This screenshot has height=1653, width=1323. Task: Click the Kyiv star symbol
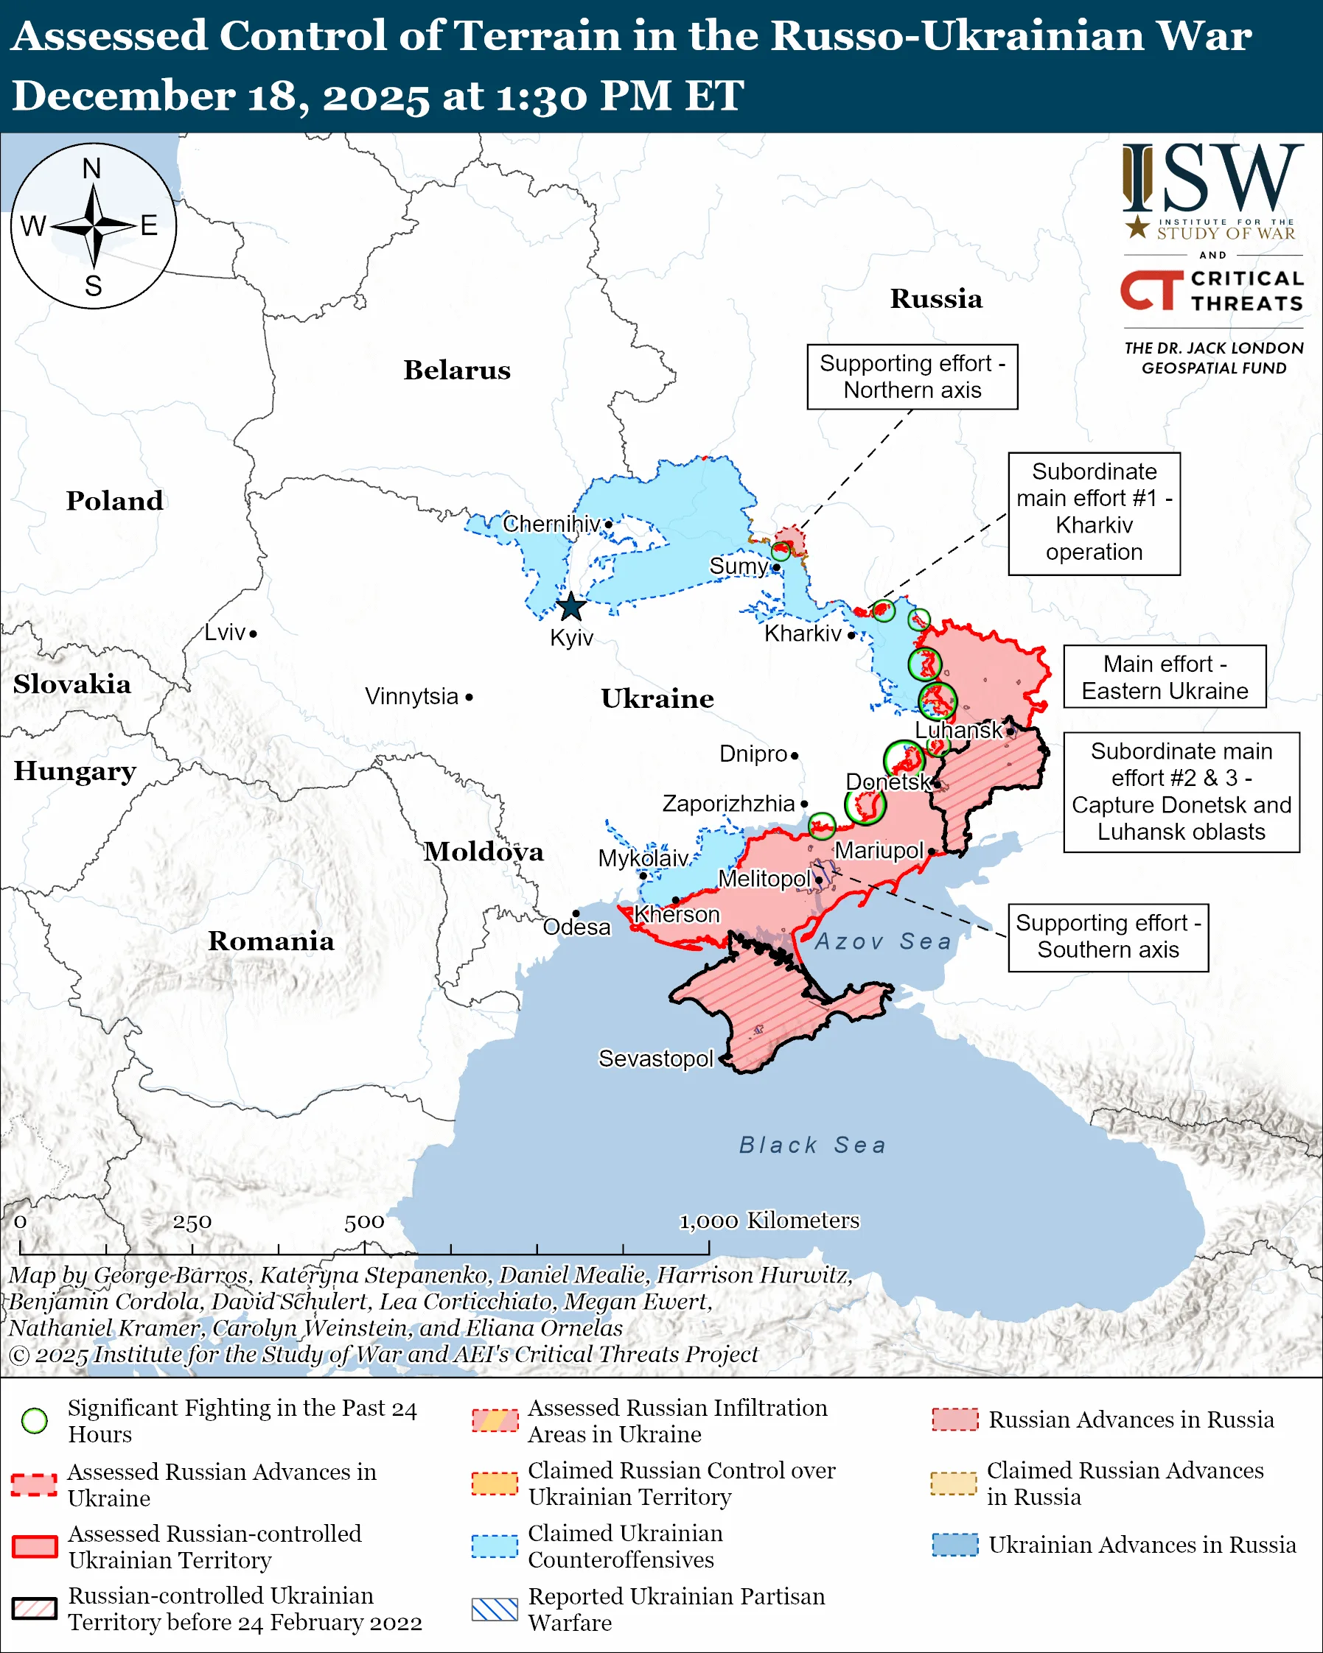click(570, 607)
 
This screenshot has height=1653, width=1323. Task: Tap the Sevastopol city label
click(655, 1059)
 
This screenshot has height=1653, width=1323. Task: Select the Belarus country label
click(457, 371)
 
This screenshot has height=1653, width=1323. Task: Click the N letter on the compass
click(92, 169)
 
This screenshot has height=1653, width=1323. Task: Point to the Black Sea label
click(812, 1145)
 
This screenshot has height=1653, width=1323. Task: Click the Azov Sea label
click(883, 941)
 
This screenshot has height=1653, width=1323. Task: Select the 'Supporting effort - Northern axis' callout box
click(912, 377)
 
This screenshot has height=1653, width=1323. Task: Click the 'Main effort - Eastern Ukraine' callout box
click(1165, 677)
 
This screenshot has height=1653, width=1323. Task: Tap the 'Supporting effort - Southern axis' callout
click(1108, 937)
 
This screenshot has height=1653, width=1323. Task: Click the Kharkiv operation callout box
click(1094, 512)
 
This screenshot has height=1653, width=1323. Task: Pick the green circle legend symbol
click(35, 1421)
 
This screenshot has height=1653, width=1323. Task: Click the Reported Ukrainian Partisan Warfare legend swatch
click(495, 1610)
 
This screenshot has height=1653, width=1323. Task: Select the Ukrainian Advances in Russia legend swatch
click(955, 1545)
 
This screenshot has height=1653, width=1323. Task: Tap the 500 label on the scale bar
click(363, 1222)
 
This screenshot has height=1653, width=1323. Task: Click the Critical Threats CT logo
click(1151, 290)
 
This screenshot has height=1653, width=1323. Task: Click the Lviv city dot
click(253, 634)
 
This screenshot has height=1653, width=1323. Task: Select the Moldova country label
click(484, 852)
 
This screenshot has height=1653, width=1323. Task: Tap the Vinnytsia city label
click(411, 697)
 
